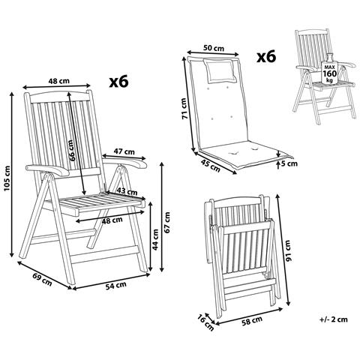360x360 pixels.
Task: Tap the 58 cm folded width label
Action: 253,323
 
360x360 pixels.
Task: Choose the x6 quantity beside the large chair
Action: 118,80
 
